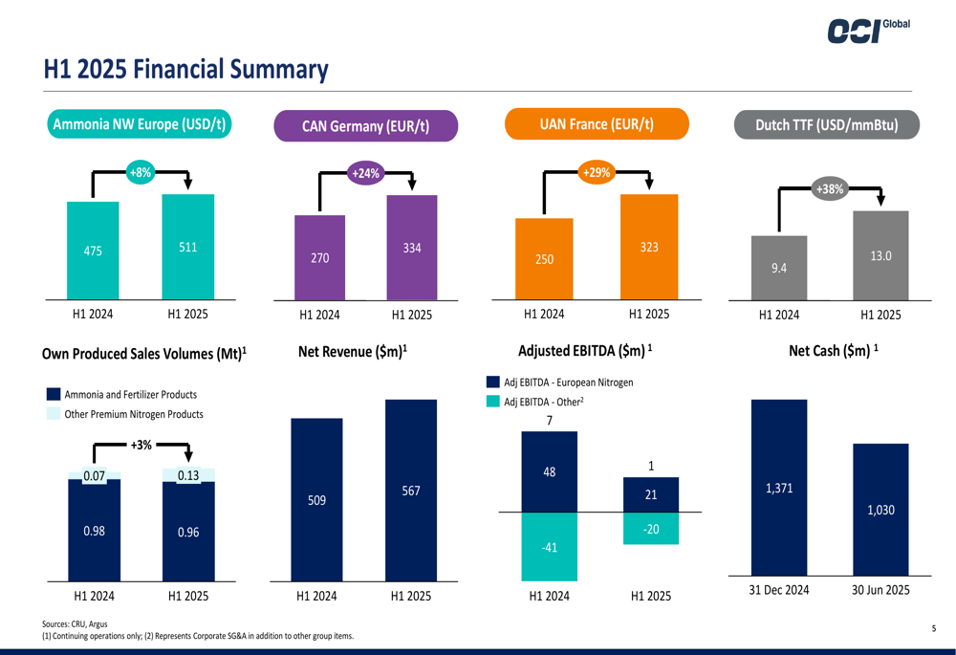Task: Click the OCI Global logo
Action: [x=868, y=31]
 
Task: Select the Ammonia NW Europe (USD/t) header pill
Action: [x=140, y=124]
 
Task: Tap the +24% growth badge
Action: [x=365, y=173]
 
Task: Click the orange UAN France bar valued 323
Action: [x=649, y=247]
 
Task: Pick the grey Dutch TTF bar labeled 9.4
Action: [x=779, y=268]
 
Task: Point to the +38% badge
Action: [x=829, y=189]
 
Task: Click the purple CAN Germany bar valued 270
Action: [x=319, y=257]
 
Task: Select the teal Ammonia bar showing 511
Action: [x=188, y=247]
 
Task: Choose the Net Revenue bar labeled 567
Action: [x=410, y=490]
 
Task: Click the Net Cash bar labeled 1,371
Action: [x=779, y=488]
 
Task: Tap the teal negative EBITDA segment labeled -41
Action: [x=549, y=547]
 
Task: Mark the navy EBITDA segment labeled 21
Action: [x=650, y=494]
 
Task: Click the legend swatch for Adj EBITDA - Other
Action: [x=493, y=402]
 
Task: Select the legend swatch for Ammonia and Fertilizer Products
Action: [x=54, y=394]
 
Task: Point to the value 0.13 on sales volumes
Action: [x=188, y=475]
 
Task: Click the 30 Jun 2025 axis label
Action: [x=880, y=590]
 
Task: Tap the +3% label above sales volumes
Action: [x=141, y=445]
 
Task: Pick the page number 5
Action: [x=934, y=628]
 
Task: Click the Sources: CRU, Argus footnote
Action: [x=75, y=623]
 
